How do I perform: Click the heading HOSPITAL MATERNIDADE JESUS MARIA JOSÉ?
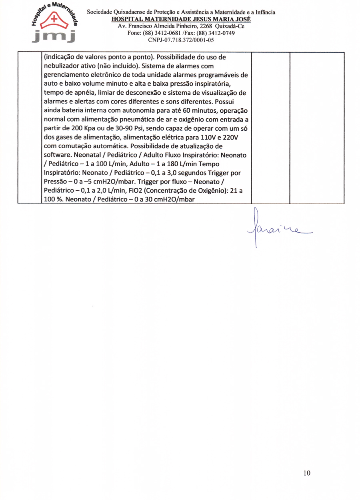click(x=181, y=19)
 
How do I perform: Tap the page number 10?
click(x=307, y=473)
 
